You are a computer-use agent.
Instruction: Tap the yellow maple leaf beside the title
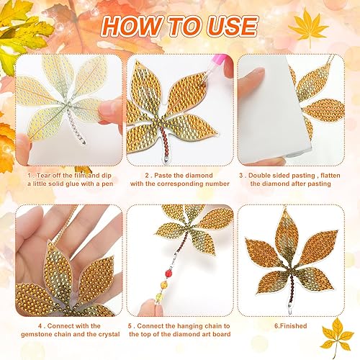[x=308, y=27]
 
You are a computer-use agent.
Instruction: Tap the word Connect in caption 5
[x=156, y=326]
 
